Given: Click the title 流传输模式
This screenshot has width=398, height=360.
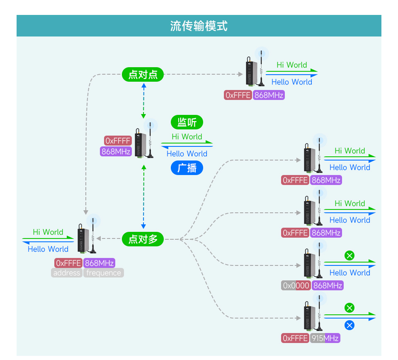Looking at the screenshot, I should click(x=199, y=26).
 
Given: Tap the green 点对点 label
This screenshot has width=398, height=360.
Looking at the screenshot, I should click(x=143, y=75).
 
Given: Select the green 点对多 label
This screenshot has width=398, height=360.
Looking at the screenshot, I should click(x=143, y=239).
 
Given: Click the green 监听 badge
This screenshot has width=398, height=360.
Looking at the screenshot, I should click(x=187, y=122).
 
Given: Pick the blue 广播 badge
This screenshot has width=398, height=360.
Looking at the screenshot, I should click(x=187, y=168).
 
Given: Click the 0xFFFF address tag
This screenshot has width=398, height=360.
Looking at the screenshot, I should click(x=118, y=141).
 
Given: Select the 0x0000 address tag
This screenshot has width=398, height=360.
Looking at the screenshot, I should click(x=296, y=285).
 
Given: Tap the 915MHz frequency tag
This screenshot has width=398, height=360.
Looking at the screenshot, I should click(x=325, y=338).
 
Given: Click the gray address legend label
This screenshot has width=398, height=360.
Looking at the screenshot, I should click(x=67, y=273).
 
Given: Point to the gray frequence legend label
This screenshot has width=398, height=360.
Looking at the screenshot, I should click(x=104, y=273).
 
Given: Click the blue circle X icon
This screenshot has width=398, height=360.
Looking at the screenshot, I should click(x=349, y=325).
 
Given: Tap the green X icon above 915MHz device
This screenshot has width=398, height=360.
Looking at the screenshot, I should click(x=349, y=308).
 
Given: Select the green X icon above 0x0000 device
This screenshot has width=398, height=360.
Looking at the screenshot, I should click(x=349, y=255).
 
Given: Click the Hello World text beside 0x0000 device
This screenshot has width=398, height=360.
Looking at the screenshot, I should click(x=349, y=272).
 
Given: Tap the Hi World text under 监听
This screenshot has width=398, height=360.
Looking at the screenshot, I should click(x=187, y=136).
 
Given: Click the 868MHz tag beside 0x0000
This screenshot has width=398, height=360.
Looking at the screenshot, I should click(x=328, y=285).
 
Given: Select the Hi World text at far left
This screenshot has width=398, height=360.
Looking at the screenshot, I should click(x=48, y=232).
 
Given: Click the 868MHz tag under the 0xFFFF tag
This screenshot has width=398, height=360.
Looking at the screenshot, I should click(x=116, y=151).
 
